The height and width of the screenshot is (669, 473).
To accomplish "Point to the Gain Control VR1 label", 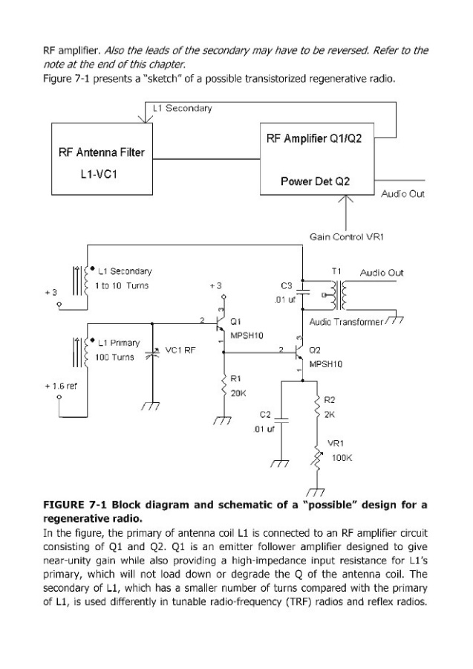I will pos(346,236).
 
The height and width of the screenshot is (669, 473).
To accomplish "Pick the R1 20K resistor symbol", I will pos(224,386).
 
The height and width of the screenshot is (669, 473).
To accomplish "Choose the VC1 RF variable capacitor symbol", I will pos(153,355).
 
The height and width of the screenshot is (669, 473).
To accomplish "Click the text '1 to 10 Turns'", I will pos(123,286).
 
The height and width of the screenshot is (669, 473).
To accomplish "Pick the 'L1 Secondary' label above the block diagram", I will pos(182,109).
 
